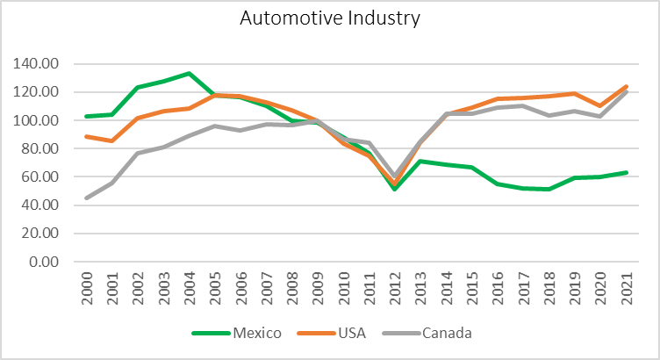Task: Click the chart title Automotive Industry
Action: [x=330, y=18]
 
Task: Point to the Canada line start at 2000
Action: [x=86, y=198]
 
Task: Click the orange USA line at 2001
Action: [x=111, y=140]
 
